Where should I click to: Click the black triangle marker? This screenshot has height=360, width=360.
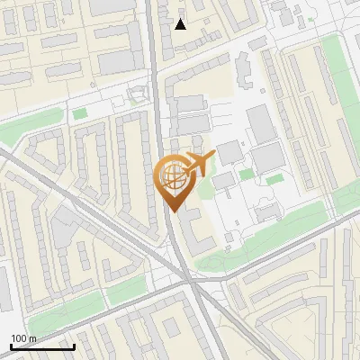coord(181,24)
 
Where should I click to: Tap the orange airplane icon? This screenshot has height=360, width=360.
coord(198,165)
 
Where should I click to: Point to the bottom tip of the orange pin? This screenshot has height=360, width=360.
coord(172,211)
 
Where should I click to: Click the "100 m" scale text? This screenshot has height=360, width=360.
coord(24,338)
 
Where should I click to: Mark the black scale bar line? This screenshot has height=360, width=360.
coord(42,346)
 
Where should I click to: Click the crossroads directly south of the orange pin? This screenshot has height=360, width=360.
coord(191,281)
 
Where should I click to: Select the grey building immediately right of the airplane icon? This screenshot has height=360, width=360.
coord(229,150)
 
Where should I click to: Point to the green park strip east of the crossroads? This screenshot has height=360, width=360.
coord(261,238)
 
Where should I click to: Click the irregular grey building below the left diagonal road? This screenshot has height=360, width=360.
coord(63,225)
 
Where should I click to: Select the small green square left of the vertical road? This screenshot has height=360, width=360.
coord(80,114)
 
